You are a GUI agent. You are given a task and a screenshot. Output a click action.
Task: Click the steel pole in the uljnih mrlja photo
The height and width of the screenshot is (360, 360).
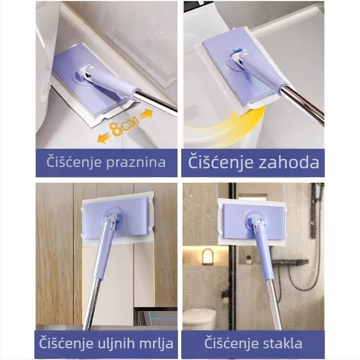[92, 301]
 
